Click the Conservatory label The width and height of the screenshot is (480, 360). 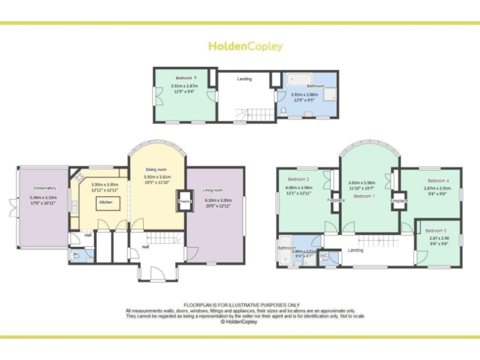(x=44, y=188)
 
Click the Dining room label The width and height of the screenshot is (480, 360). (x=156, y=169)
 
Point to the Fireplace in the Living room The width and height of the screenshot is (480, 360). (x=184, y=202)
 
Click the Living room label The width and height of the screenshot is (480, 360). (x=212, y=190)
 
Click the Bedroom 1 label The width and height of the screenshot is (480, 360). (x=364, y=196)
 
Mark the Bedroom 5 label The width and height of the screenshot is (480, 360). (x=437, y=230)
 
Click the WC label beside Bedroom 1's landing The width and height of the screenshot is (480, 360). (x=324, y=256)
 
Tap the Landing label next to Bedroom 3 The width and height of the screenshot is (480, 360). (x=244, y=79)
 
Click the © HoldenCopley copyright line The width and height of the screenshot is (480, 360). (x=240, y=322)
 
